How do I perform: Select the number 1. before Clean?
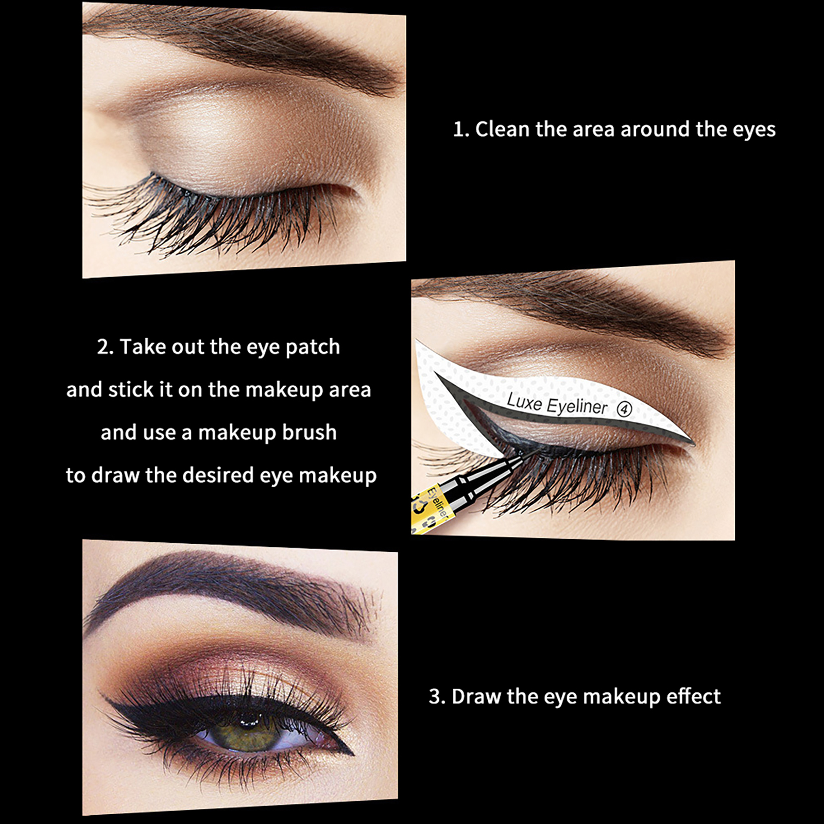pyautogui.click(x=461, y=130)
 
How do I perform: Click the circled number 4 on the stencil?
pyautogui.click(x=624, y=409)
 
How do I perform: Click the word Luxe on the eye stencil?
pyautogui.click(x=524, y=401)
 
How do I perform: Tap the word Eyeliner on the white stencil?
pyautogui.click(x=577, y=406)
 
